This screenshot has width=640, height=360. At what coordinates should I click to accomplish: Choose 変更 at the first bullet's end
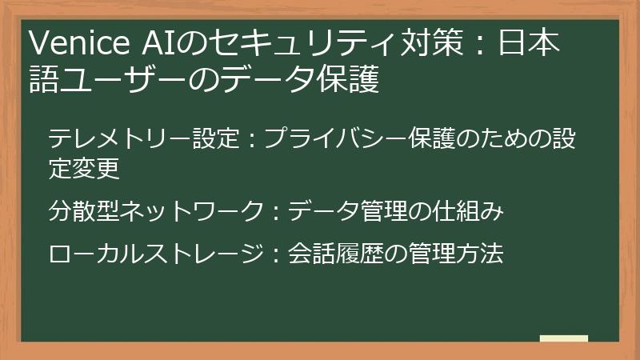coord(96,170)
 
